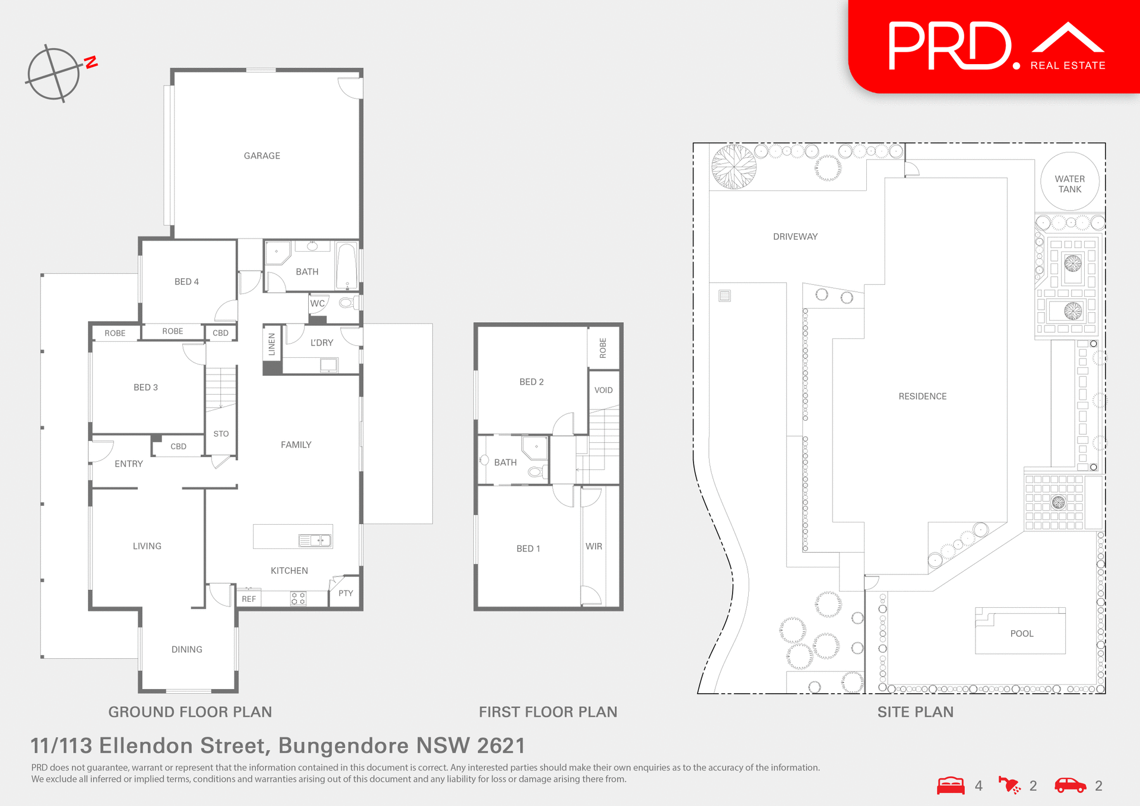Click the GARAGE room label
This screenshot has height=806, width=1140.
click(x=262, y=156)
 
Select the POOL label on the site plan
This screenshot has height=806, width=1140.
click(x=1021, y=633)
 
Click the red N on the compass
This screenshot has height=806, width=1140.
click(x=91, y=62)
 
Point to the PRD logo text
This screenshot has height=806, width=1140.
click(x=949, y=46)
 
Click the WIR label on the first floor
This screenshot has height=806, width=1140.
click(x=594, y=546)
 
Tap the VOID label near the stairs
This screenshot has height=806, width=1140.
click(x=603, y=390)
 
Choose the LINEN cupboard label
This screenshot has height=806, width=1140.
click(x=272, y=344)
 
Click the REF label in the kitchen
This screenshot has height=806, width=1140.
click(x=249, y=599)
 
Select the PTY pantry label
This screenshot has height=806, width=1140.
click(x=346, y=593)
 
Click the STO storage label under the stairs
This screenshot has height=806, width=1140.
click(x=221, y=434)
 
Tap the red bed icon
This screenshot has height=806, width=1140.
click(x=951, y=785)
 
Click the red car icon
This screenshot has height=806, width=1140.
click(x=1070, y=785)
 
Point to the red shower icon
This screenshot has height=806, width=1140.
click(x=1009, y=785)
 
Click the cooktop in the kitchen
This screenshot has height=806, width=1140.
click(x=298, y=598)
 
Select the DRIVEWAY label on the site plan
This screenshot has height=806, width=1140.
click(x=795, y=236)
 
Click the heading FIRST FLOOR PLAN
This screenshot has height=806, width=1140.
click(x=548, y=712)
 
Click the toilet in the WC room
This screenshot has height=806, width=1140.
click(x=347, y=303)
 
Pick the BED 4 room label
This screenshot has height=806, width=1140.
click(x=186, y=281)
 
